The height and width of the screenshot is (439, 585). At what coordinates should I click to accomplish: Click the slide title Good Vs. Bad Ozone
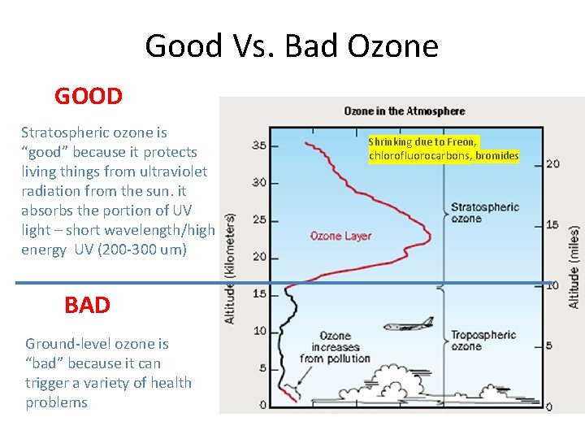tap(292, 46)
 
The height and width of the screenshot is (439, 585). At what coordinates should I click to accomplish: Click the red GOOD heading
tap(89, 97)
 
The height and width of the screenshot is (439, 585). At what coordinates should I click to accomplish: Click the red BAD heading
tap(87, 305)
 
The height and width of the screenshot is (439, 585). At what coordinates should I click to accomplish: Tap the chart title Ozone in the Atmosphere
tap(404, 111)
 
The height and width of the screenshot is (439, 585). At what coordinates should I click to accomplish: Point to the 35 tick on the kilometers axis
tap(259, 146)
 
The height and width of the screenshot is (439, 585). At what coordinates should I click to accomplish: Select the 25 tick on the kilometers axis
tap(259, 219)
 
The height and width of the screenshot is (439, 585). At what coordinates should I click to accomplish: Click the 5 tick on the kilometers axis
tap(262, 368)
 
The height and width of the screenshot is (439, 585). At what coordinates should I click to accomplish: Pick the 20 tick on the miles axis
tap(552, 163)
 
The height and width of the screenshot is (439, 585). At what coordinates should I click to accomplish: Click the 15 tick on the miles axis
tap(552, 225)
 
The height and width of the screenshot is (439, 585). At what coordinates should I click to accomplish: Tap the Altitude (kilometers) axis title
tap(230, 268)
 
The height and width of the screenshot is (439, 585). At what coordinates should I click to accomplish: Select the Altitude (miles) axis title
tap(574, 254)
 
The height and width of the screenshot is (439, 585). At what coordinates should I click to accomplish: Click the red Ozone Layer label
tap(340, 237)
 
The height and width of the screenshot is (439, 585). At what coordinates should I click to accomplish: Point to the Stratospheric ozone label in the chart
tap(484, 213)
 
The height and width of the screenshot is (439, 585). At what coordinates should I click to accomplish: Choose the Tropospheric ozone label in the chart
tap(483, 340)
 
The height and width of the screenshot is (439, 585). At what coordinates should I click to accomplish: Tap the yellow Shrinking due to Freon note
tap(444, 149)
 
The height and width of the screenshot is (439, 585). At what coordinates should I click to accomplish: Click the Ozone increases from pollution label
tap(335, 347)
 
